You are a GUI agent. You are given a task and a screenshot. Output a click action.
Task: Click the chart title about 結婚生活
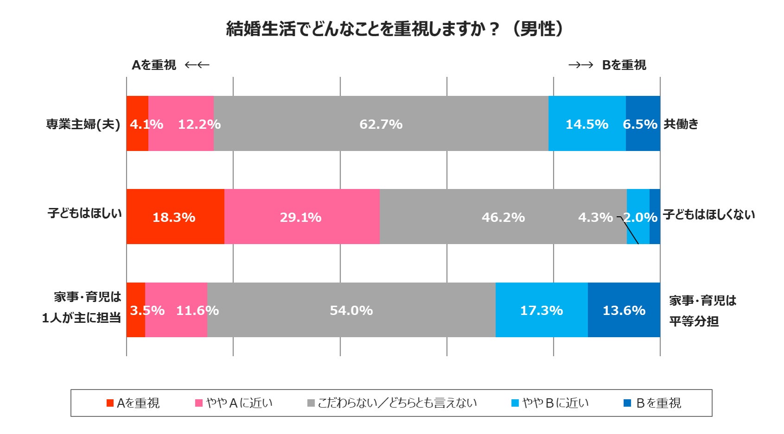394,29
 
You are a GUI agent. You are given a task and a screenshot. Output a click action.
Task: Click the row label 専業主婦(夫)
83,124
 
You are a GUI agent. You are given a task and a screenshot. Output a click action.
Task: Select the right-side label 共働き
681,124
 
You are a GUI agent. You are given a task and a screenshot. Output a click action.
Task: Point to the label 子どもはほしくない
709,214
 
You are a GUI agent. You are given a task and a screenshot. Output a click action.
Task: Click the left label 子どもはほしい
85,213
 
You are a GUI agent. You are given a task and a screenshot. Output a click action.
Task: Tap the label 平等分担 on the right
694,321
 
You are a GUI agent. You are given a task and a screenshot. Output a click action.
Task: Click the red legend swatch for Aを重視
110,403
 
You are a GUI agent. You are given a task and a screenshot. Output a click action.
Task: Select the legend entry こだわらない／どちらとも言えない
397,403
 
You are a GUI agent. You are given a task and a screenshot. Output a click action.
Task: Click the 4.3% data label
595,217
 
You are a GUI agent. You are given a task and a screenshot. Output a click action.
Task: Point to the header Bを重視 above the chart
624,65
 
